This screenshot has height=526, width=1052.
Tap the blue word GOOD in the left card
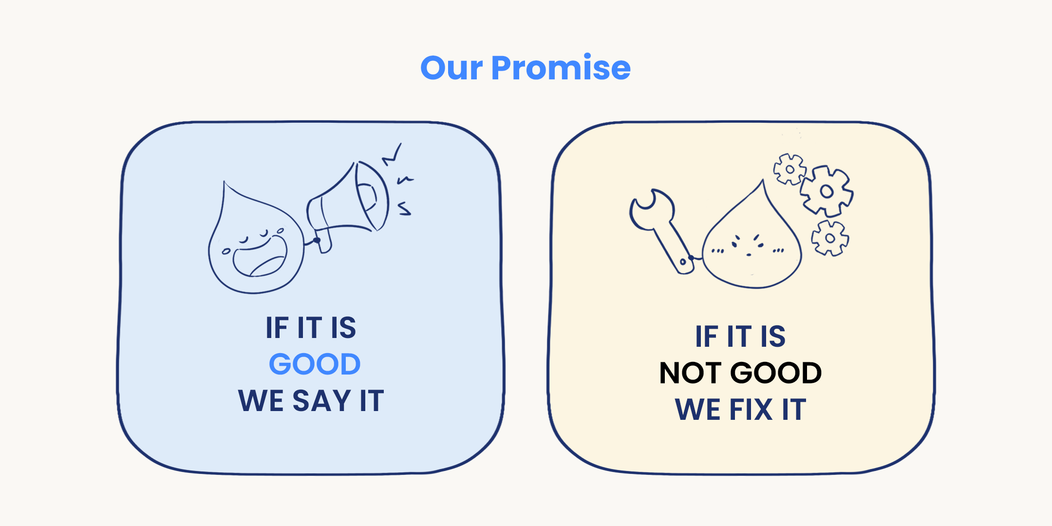pos(315,364)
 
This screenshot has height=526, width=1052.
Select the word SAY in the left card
pos(321,400)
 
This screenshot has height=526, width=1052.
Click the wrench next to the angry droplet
pos(661,229)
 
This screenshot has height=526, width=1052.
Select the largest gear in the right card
pos(827,191)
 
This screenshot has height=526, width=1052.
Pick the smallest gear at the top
pos(789,169)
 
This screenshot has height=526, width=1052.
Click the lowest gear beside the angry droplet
pos(830,238)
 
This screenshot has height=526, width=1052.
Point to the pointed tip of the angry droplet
pos(763,181)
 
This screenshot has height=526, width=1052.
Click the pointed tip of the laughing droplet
pos(225,183)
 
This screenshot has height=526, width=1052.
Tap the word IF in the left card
pos(277,327)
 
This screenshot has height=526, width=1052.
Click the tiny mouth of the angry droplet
pos(749,255)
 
